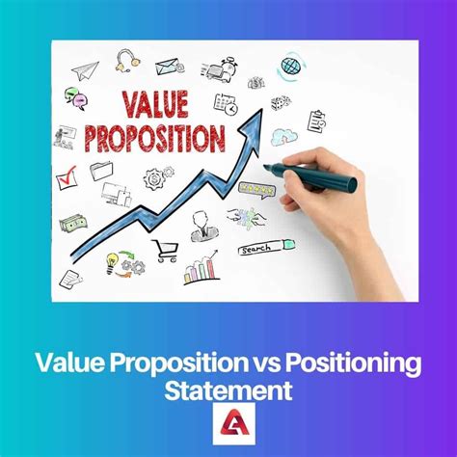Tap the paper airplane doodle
[85, 69]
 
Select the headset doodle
[126, 62]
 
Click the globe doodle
[292, 67]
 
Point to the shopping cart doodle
[165, 250]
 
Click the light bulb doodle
[112, 261]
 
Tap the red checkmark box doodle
[67, 177]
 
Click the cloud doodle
[284, 136]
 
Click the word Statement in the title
[228, 390]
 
